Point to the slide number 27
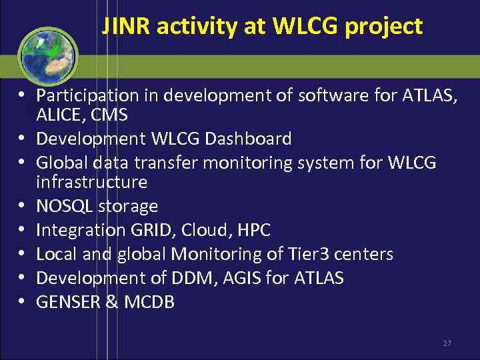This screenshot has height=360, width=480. tap(447, 343)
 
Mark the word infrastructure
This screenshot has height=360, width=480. tap(91, 181)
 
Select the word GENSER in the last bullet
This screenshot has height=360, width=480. tap(67, 302)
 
